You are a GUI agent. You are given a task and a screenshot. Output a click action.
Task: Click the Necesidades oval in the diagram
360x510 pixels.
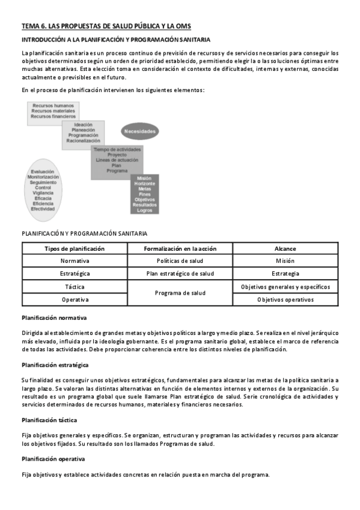pyautogui.click(x=140, y=131)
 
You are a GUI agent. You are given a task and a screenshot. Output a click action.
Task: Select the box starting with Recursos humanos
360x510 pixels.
pyautogui.click(x=53, y=112)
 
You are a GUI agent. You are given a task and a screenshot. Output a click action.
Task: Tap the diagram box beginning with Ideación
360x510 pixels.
pyautogui.click(x=83, y=134)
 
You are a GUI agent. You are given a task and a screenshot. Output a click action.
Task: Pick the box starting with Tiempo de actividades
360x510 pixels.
pyautogui.click(x=118, y=161)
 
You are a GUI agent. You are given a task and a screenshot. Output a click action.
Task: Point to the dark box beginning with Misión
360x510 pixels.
pyautogui.click(x=144, y=194)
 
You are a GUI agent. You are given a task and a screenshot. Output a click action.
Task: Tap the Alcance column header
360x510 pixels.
pyautogui.click(x=285, y=248)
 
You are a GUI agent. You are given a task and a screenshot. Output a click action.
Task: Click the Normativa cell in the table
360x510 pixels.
pyautogui.click(x=75, y=261)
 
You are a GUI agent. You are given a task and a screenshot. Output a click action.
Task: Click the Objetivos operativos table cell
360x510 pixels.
pyautogui.click(x=285, y=299)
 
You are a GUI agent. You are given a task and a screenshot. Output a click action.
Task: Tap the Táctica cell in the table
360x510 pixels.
pyautogui.click(x=75, y=286)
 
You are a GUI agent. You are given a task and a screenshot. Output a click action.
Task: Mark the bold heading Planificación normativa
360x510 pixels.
pyautogui.click(x=54, y=317)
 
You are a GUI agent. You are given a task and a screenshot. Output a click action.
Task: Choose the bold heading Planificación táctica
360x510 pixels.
pyautogui.click(x=49, y=420)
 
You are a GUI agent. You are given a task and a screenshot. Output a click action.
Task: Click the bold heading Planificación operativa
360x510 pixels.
pyautogui.click(x=53, y=459)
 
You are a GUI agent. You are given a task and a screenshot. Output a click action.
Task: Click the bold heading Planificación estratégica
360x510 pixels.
pyautogui.click(x=55, y=364)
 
